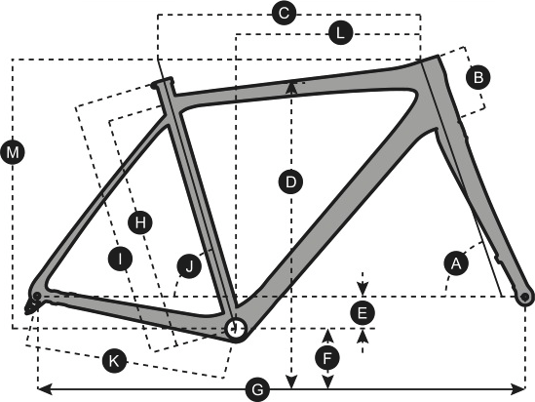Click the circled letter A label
click(456, 263)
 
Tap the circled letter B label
click(478, 77)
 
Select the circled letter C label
click(284, 14)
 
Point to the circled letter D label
click(290, 181)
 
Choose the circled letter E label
click(363, 312)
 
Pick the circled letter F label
click(327, 359)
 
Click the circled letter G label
click(257, 389)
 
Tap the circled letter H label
click(140, 222)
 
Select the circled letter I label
click(120, 259)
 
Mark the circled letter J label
click(189, 265)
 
